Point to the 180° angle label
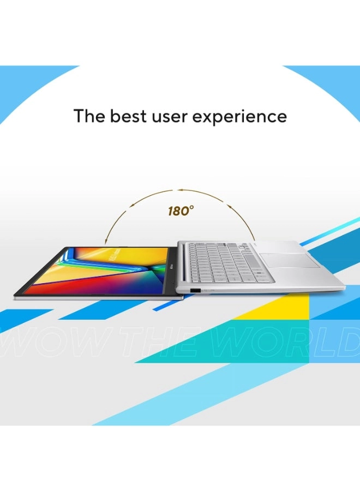tap(181, 211)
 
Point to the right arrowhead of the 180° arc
tap(253, 238)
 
